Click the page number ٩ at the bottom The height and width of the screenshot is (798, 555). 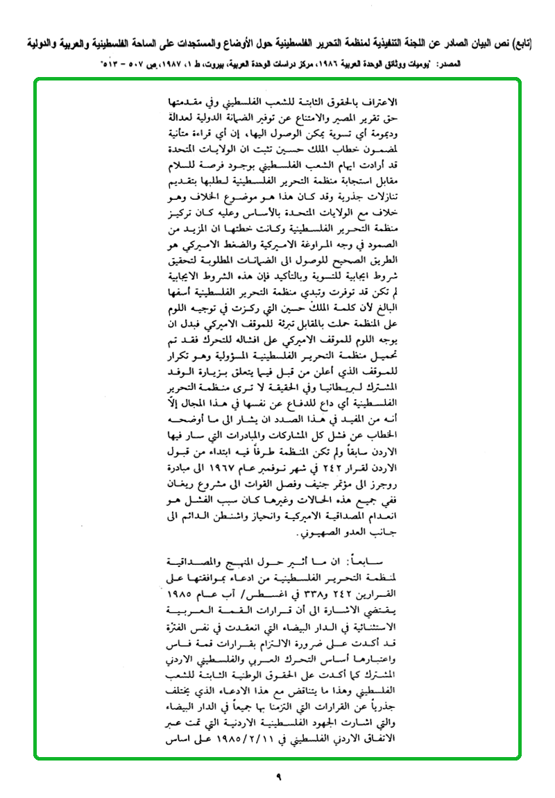(277, 778)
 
